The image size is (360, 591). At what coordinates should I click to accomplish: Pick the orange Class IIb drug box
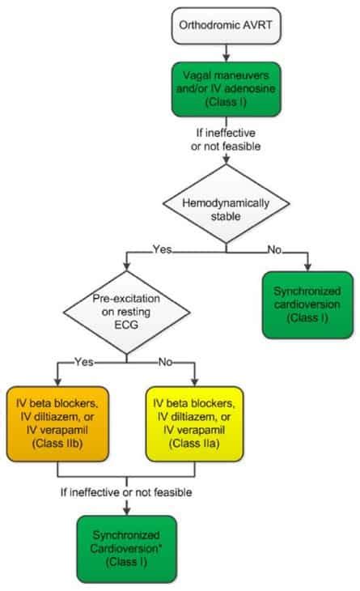(x=59, y=421)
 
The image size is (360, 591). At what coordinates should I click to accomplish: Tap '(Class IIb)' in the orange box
(x=59, y=444)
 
